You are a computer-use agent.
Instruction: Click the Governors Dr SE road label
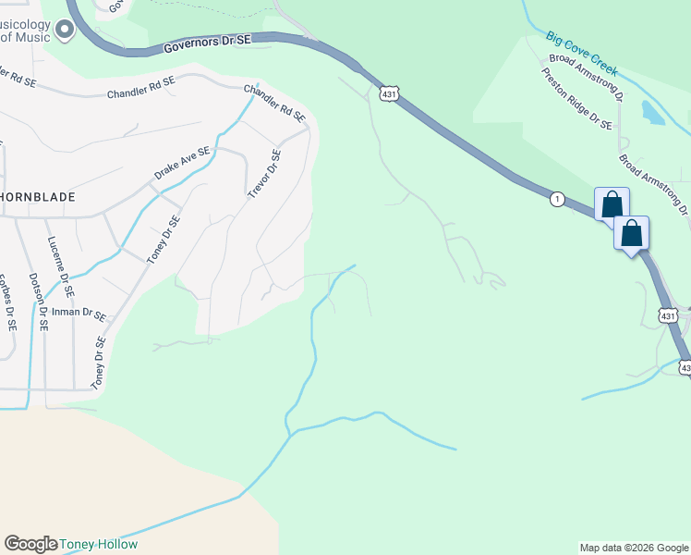(208, 43)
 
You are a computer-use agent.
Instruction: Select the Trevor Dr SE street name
(264, 174)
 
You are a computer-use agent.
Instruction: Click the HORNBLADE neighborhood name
(37, 198)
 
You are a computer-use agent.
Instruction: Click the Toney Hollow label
(99, 544)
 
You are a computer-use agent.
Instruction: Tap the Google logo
(30, 544)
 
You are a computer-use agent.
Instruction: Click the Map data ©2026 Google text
(634, 548)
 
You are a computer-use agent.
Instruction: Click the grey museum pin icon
(64, 31)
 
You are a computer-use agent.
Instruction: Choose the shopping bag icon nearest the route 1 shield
(612, 203)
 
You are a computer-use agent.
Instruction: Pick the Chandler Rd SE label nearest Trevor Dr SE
(274, 103)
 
